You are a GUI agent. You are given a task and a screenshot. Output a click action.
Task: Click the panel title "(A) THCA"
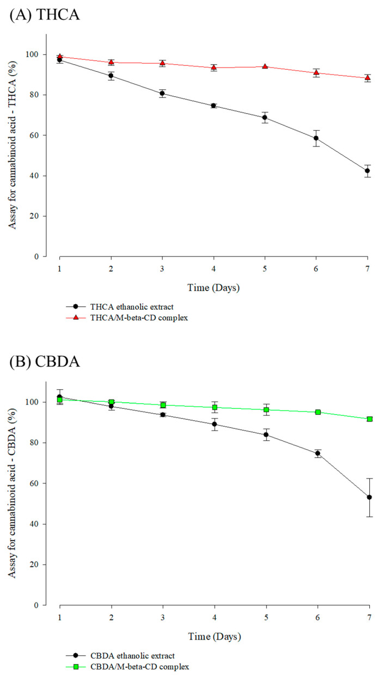[x=44, y=15]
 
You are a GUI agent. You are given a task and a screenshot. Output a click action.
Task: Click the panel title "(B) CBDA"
[x=45, y=361]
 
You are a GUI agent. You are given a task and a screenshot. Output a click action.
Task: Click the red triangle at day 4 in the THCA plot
[x=214, y=67]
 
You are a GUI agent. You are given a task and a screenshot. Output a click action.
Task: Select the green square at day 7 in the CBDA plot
[x=369, y=419]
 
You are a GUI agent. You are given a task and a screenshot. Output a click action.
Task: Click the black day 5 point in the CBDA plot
[x=266, y=434]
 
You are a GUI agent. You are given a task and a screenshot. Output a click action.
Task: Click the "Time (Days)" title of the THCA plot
[x=213, y=287]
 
